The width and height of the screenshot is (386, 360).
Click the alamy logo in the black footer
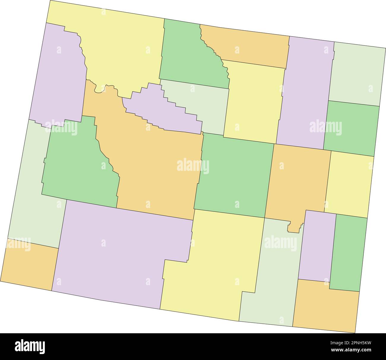[x=30, y=346]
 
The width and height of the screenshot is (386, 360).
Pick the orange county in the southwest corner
[x=30, y=264]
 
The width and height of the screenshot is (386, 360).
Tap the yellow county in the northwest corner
[x=119, y=50]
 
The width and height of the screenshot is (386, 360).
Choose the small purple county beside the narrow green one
[x=316, y=247]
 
